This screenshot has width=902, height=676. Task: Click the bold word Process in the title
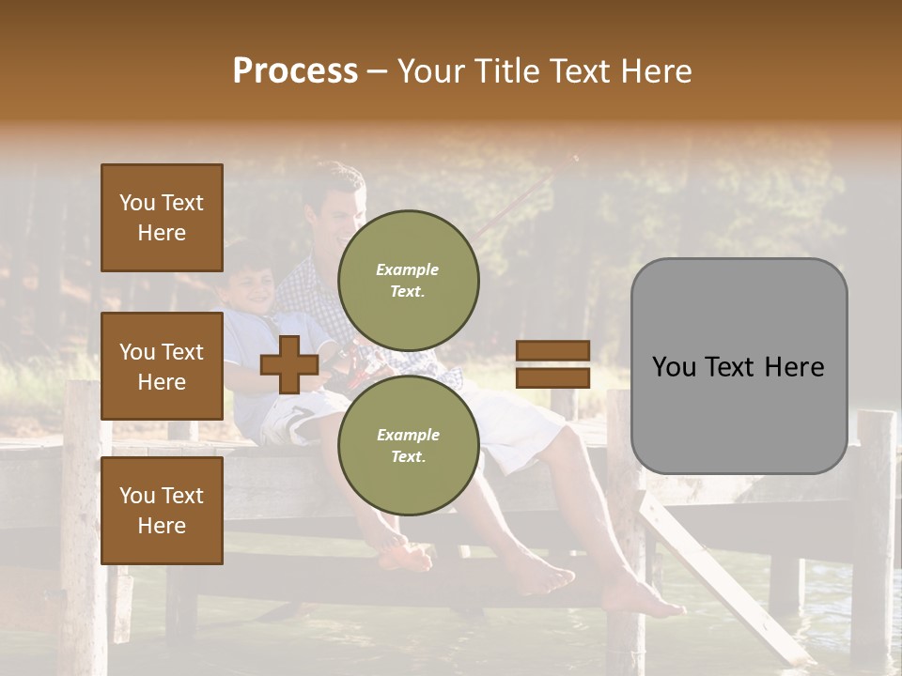point(295,71)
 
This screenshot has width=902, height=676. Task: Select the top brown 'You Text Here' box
point(162,218)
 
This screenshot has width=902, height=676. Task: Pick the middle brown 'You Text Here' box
point(162,366)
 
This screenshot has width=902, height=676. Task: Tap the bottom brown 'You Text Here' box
point(162,510)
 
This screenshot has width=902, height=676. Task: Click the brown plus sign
point(289,365)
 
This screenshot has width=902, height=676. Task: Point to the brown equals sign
point(552,364)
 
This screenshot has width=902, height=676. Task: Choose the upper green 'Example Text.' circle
point(408,281)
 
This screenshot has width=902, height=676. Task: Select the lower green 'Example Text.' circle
point(408,446)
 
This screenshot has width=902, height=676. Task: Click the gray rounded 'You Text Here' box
point(739,366)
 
